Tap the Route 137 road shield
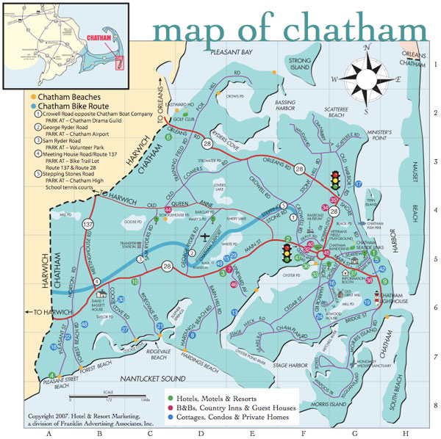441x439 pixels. click(x=89, y=224)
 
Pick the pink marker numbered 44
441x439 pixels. click(x=168, y=210)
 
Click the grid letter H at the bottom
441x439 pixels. click(x=405, y=433)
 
